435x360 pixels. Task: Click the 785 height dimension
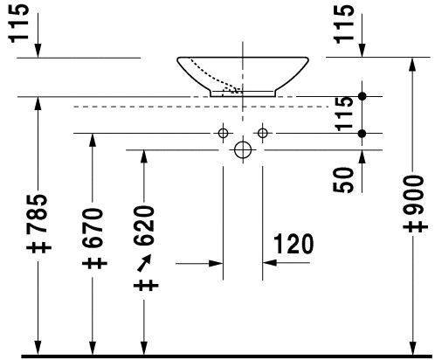click(x=37, y=213)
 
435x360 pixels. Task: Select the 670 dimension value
click(x=93, y=227)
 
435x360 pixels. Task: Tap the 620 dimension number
click(x=144, y=226)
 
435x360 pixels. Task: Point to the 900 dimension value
click(x=413, y=195)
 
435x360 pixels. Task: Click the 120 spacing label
click(x=293, y=244)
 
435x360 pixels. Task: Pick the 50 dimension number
click(x=342, y=180)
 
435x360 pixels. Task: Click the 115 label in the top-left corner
click(x=19, y=24)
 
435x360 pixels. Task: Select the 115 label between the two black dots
click(x=344, y=114)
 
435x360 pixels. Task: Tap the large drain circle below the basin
click(x=243, y=149)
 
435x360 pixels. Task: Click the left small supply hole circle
click(x=223, y=134)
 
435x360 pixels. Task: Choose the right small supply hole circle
click(x=263, y=134)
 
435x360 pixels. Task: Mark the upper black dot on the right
click(x=362, y=96)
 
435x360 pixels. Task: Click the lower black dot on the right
click(x=362, y=134)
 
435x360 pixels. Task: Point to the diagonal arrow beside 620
click(x=144, y=263)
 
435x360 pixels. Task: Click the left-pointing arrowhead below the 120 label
click(x=270, y=263)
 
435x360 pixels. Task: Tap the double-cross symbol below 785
click(x=38, y=247)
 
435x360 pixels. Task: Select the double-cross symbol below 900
click(x=416, y=227)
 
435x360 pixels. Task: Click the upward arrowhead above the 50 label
click(x=362, y=157)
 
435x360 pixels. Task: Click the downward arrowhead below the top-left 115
click(x=38, y=51)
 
